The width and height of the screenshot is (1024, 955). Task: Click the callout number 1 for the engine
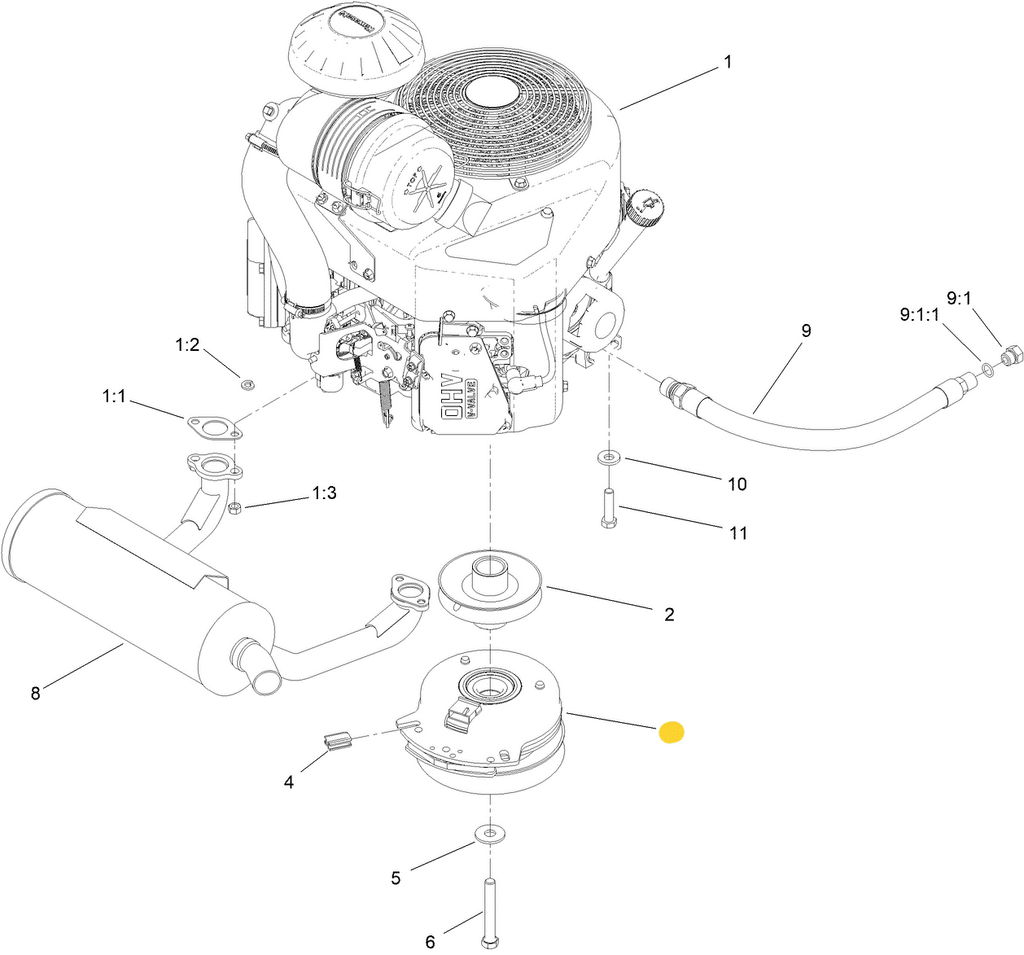tap(728, 62)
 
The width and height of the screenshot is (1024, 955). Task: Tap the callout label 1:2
tap(187, 345)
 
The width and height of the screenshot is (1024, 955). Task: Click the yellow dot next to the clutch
tap(671, 733)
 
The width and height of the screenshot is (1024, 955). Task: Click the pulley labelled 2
tap(490, 589)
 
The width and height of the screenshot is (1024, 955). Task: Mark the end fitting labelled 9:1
tap(1011, 354)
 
